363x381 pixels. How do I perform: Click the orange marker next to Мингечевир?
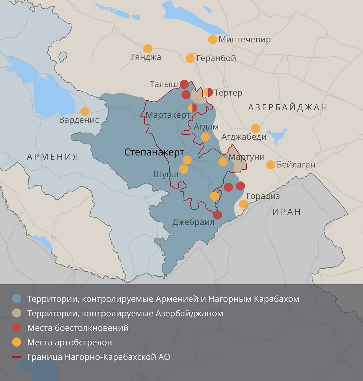[x=212, y=40]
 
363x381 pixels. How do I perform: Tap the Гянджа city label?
[x=146, y=57]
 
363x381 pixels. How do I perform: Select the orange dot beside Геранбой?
[x=190, y=58]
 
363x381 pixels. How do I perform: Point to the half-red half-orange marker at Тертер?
[x=209, y=92]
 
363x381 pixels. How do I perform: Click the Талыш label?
[x=164, y=84]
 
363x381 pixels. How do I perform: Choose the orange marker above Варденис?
[x=85, y=111]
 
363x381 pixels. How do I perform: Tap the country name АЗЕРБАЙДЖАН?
[x=288, y=107]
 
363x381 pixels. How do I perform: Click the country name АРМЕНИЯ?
[x=53, y=157]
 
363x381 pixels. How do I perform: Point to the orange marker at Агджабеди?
[x=256, y=128]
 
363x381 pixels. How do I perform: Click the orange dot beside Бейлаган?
[x=271, y=165]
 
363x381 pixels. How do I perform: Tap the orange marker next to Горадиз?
[x=243, y=204]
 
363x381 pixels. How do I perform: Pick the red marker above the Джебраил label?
[x=217, y=215]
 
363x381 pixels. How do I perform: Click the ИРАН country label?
[x=287, y=212]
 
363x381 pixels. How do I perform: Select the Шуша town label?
[x=166, y=174]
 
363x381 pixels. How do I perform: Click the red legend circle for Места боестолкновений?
[x=17, y=328]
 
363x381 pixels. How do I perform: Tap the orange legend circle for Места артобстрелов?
[x=17, y=342]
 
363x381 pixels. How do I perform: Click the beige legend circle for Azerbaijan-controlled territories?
[x=17, y=313]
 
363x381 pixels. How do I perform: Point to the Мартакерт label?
[x=168, y=115]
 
